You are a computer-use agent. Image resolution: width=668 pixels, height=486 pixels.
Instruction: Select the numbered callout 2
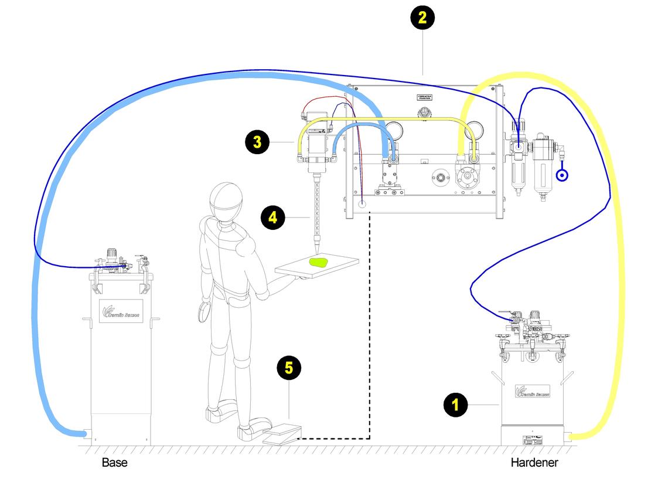[x=422, y=18]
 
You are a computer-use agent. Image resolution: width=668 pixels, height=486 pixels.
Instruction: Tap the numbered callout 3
[x=258, y=141]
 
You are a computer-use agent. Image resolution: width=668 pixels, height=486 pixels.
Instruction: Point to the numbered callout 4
[x=273, y=217]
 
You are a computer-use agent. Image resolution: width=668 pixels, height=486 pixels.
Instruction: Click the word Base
[x=114, y=463]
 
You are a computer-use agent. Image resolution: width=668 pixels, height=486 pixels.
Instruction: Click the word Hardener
[x=534, y=463]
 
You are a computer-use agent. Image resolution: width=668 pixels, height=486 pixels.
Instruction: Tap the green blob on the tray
[x=319, y=263]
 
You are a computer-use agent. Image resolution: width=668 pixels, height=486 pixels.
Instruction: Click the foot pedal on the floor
[x=282, y=434]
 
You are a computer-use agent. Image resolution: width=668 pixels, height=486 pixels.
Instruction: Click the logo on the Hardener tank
[x=532, y=391]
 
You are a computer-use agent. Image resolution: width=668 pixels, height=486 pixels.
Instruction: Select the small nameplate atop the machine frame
[x=424, y=96]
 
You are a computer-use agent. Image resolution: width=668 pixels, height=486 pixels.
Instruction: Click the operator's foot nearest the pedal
[x=249, y=432]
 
